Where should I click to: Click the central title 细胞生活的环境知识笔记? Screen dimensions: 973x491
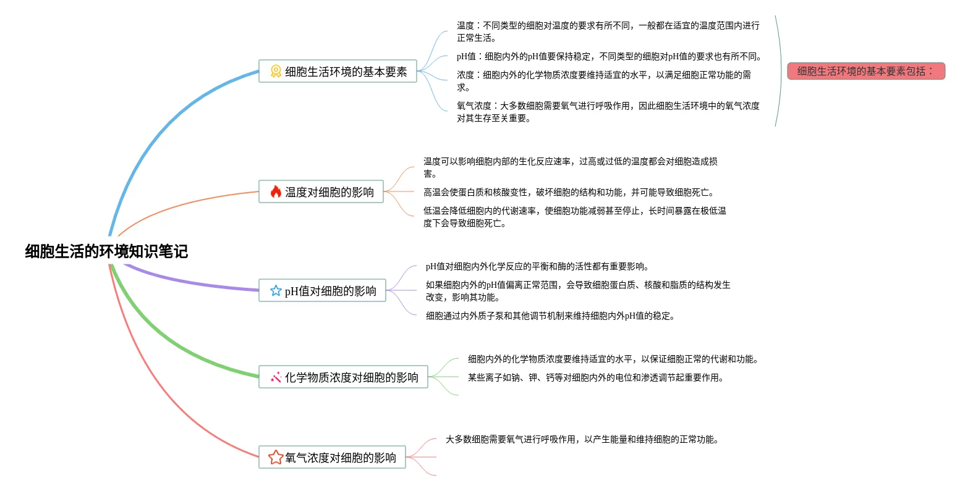click(x=106, y=251)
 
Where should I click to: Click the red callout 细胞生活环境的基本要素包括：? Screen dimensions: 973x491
click(x=865, y=71)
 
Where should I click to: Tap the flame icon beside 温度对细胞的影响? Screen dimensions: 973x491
click(x=276, y=192)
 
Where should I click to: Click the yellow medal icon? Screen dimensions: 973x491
click(x=276, y=72)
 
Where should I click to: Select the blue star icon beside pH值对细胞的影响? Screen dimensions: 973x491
click(x=276, y=291)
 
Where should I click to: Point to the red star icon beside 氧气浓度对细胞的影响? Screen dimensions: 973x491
click(x=276, y=458)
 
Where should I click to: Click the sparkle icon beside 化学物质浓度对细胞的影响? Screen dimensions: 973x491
click(x=276, y=377)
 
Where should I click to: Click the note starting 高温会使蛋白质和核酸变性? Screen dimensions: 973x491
click(x=569, y=192)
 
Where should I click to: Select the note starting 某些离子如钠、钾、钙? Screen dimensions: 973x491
click(x=595, y=377)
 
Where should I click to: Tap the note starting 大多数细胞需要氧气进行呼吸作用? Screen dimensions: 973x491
click(x=582, y=439)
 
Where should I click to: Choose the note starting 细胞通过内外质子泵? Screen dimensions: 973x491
click(x=550, y=316)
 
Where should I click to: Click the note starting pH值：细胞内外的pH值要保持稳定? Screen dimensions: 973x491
click(x=609, y=56)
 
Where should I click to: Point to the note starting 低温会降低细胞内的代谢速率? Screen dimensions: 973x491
click(x=574, y=217)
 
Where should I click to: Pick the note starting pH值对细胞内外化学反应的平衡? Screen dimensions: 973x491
click(x=537, y=266)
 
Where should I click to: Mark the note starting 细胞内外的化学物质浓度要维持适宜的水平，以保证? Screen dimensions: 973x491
click(x=613, y=359)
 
